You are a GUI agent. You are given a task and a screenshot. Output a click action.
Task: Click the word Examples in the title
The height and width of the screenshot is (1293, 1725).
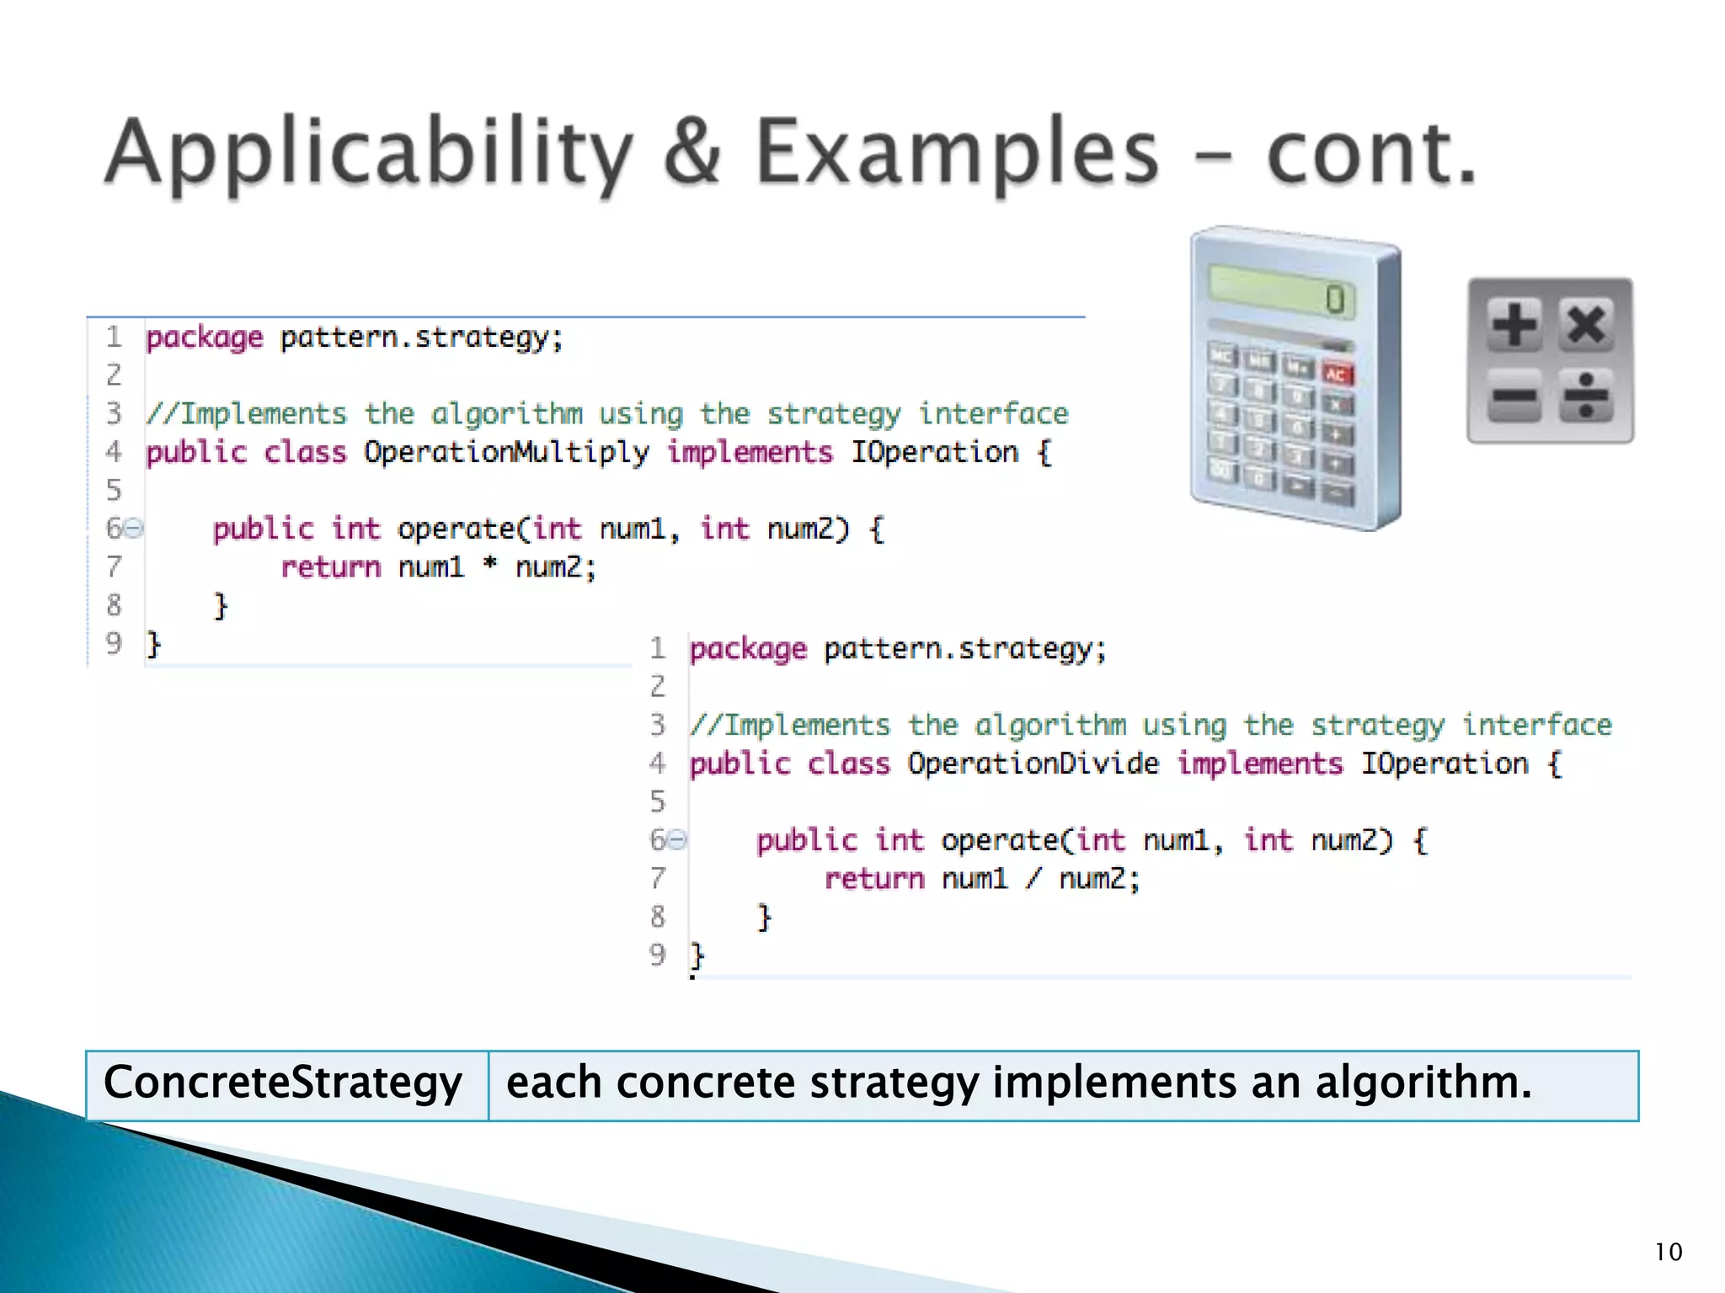[956, 153]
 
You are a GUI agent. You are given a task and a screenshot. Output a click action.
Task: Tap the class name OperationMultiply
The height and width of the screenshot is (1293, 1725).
[506, 453]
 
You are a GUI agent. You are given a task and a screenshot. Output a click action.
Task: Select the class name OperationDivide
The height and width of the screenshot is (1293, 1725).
[1033, 764]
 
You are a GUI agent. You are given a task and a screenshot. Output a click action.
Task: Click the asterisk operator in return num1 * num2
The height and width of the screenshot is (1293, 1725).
[489, 566]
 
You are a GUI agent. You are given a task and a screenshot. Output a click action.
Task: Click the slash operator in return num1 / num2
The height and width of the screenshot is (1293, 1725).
[1033, 879]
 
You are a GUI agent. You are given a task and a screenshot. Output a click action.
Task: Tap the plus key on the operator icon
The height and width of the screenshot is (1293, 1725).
[1514, 325]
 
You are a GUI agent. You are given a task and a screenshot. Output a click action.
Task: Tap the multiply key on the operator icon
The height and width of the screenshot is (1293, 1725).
[1586, 325]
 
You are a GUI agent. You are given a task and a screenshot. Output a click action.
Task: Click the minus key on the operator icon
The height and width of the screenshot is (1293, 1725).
[1514, 395]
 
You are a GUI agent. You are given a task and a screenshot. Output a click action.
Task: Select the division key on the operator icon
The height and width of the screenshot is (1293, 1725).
[1586, 395]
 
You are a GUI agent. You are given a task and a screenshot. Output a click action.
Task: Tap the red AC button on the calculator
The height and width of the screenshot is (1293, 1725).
[1336, 374]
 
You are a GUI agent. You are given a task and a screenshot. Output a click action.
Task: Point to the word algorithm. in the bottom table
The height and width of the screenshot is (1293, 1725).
[1423, 1083]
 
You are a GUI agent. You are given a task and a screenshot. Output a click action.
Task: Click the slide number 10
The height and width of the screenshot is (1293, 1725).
[1668, 1252]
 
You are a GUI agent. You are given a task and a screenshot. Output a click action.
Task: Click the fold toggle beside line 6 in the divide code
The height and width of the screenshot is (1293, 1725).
[677, 839]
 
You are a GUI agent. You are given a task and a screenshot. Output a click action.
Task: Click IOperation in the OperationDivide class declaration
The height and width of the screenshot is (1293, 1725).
[1445, 764]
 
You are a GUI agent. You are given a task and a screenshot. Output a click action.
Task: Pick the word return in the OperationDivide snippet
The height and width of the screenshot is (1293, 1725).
[874, 879]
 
